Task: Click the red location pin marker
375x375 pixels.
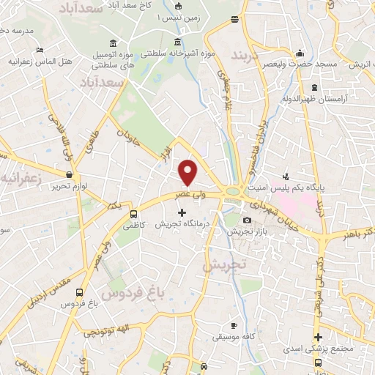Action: (188, 172)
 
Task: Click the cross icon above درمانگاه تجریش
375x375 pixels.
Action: (182, 212)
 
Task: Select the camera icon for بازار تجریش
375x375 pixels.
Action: (247, 220)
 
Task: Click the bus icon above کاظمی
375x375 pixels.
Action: (133, 214)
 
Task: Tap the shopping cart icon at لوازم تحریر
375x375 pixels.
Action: (70, 175)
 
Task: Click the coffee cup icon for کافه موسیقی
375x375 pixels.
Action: (234, 325)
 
